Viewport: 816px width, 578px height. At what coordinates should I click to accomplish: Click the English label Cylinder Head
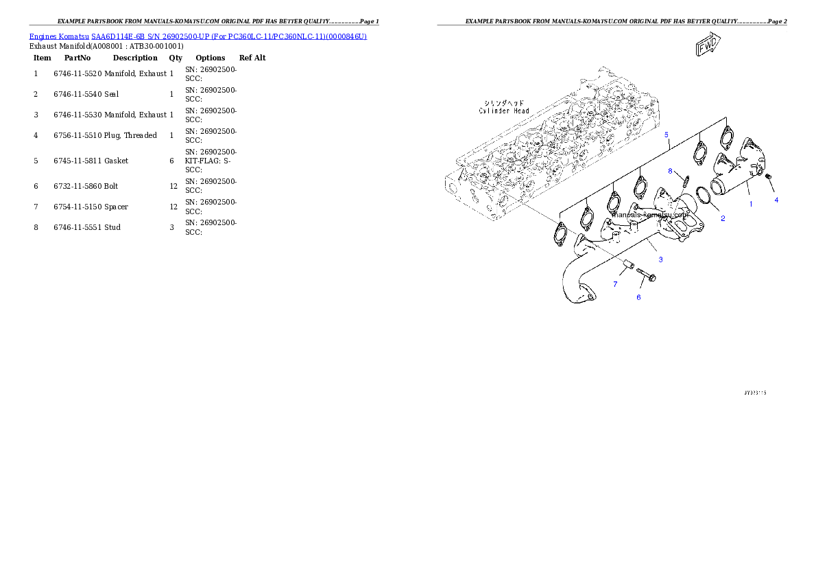pos(504,111)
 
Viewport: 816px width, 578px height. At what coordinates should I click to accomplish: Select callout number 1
pos(750,204)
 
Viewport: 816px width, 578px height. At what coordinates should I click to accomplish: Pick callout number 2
pos(722,218)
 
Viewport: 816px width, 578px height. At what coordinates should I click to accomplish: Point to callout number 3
pos(660,259)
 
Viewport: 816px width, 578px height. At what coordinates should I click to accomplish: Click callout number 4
pos(776,200)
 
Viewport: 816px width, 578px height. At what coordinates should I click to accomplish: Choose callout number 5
pos(666,135)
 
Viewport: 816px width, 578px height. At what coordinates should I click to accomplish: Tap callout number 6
pos(638,297)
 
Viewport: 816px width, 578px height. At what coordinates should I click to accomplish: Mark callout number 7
pos(615,284)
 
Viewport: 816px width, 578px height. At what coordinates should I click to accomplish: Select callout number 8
pos(670,170)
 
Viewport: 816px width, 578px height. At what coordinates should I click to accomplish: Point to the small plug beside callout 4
pos(769,178)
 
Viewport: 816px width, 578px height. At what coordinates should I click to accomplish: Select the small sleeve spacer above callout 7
pos(629,264)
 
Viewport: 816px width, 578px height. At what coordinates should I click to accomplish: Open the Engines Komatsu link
pos(59,36)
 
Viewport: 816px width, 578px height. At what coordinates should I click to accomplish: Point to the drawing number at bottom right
pos(755,393)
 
